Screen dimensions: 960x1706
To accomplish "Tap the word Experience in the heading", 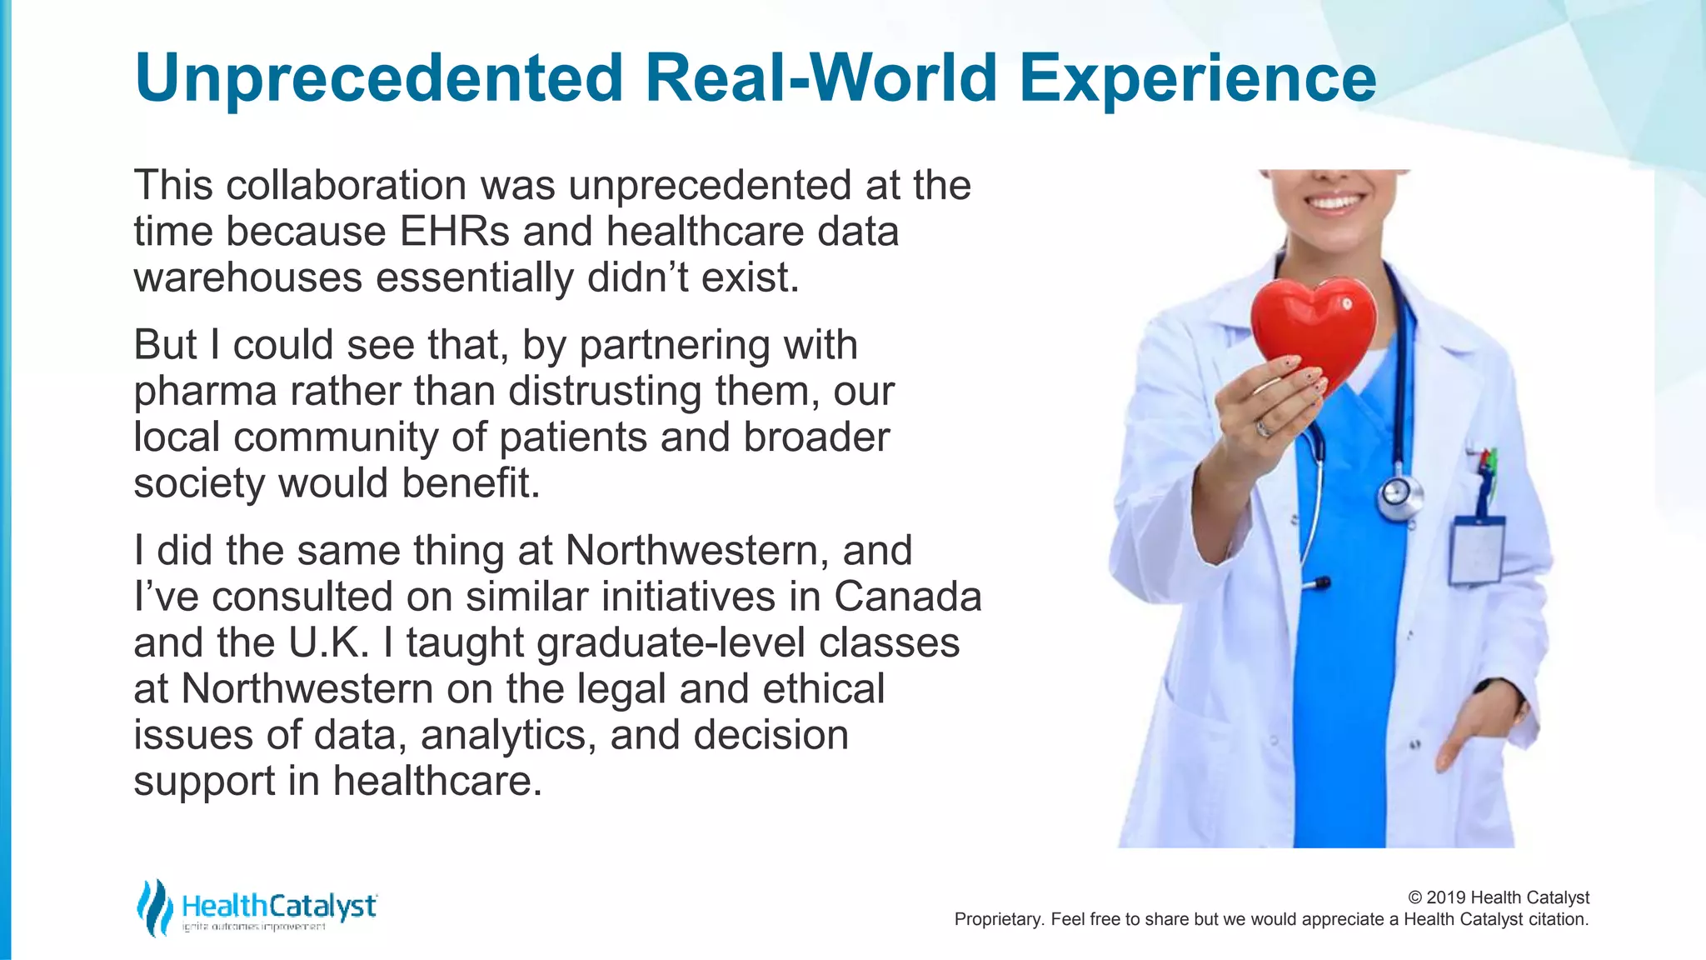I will tap(1197, 78).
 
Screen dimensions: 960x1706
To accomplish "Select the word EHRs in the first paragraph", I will tap(455, 232).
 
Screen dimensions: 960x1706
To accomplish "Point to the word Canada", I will tap(908, 597).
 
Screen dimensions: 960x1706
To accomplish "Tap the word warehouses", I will tap(247, 277).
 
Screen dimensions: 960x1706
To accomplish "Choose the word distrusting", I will tap(605, 391).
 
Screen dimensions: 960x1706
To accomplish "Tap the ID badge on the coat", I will tap(1477, 551).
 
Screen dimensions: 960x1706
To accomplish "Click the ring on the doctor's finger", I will tap(1264, 429).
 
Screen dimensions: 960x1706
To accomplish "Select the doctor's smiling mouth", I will tap(1334, 202).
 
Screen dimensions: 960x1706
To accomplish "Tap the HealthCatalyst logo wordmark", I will tap(279, 906).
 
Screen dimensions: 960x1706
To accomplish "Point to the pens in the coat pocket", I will tap(1484, 471).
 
